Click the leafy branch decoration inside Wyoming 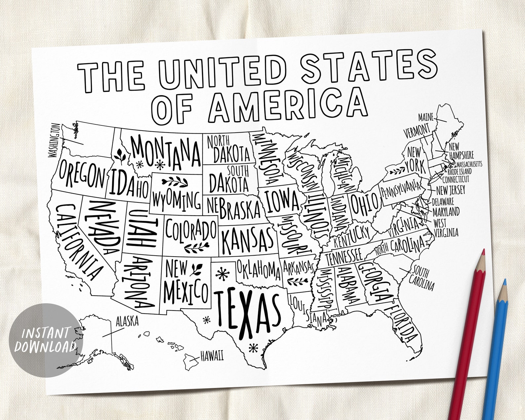175,182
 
